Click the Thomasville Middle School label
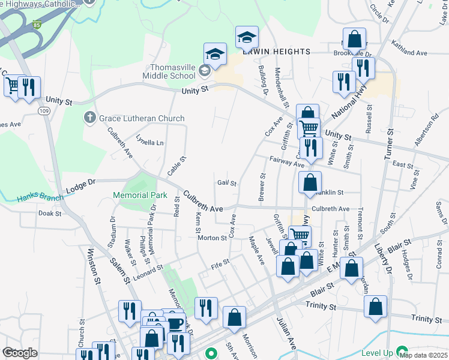[169, 71]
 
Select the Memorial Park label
[140, 195]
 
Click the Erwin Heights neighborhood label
[276, 52]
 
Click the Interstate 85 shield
[37, 26]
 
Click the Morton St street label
[212, 238]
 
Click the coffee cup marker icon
[175, 324]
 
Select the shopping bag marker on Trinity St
[375, 306]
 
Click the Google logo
[20, 352]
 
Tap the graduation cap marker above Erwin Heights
[247, 37]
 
